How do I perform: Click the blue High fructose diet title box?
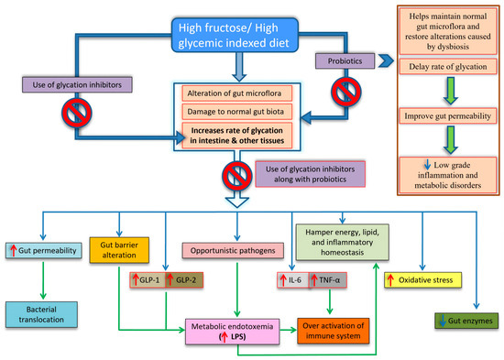pos(235,35)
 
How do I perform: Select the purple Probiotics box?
pos(345,60)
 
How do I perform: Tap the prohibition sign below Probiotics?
pos(346,92)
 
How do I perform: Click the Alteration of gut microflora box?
pos(237,93)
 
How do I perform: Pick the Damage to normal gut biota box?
pos(237,112)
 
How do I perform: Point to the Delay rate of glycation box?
pos(448,67)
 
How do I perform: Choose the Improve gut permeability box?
pos(448,115)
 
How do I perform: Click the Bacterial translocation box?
pos(41,314)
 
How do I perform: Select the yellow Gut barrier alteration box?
pos(119,250)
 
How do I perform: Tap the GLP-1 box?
pos(148,280)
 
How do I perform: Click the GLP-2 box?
pos(184,280)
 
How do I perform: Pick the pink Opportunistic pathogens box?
pos(233,250)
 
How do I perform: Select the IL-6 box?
pos(293,280)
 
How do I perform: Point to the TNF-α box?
pos(328,280)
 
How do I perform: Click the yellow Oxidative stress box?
pos(423,280)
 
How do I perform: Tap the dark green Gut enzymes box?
pos(466,321)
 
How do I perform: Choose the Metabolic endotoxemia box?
pos(233,332)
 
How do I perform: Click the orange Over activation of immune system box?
pos(334,331)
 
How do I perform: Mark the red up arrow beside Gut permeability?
pos(13,250)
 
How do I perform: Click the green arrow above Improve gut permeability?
pos(451,91)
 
